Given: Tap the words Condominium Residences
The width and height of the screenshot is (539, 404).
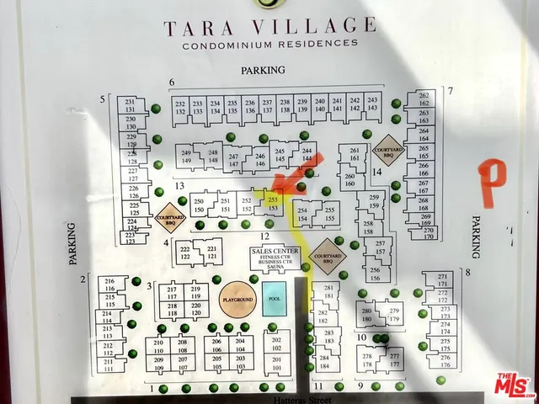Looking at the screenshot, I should [x=269, y=44].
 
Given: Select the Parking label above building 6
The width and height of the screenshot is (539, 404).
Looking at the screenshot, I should [x=263, y=71].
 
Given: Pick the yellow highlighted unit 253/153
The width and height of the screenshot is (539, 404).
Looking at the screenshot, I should [x=271, y=203].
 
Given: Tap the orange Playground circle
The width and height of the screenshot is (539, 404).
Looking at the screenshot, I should [x=237, y=300].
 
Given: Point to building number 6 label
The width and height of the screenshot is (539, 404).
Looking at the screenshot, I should [x=171, y=82].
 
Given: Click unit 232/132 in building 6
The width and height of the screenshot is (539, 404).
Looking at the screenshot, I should [x=180, y=105].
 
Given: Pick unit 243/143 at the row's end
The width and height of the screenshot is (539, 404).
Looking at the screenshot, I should [x=372, y=104].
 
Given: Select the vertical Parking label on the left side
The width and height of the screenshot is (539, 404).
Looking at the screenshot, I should [x=72, y=244].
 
